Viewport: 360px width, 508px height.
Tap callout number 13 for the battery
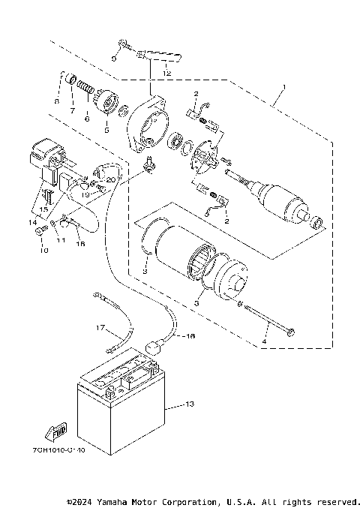(188, 404)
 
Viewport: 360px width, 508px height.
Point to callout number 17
(98, 328)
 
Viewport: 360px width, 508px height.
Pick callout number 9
(114, 59)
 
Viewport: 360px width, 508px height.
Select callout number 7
(73, 110)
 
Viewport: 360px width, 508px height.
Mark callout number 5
(106, 130)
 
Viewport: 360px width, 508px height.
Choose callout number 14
(32, 223)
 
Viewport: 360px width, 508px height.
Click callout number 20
(110, 180)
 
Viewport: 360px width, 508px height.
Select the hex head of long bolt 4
(291, 331)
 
